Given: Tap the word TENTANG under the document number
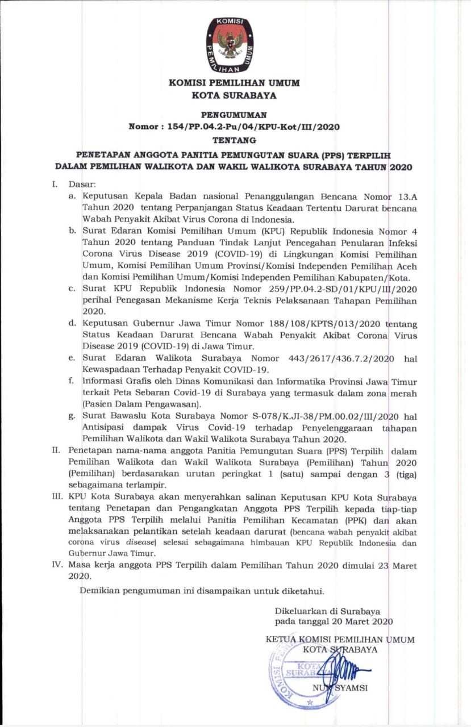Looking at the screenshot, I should [x=235, y=139].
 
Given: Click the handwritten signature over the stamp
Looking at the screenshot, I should [x=335, y=667].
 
